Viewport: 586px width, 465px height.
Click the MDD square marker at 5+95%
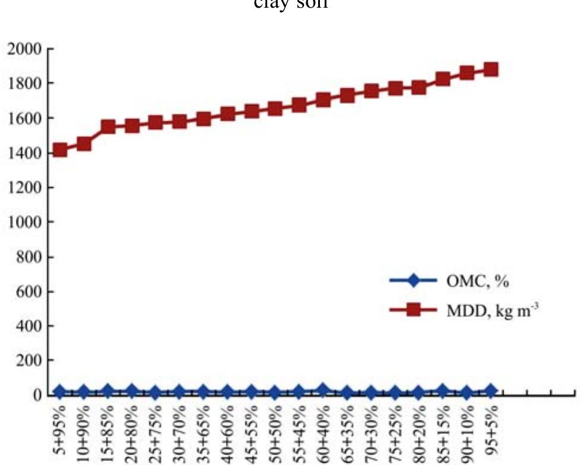tap(59, 150)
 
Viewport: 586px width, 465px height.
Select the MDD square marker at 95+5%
tap(491, 69)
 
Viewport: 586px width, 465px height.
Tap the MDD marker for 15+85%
tap(107, 126)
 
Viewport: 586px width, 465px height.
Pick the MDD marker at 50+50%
tap(275, 108)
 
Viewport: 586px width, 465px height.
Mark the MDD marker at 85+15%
tap(443, 79)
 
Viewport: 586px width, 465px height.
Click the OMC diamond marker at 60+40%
tap(323, 390)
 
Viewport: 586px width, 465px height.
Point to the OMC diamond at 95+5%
tap(491, 391)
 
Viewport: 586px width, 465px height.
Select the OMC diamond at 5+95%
tap(59, 392)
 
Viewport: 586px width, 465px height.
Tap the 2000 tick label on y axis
tap(24, 49)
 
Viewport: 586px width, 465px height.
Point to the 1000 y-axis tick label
tap(24, 222)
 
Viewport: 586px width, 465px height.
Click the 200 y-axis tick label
tap(28, 360)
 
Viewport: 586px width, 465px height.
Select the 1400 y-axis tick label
tap(24, 153)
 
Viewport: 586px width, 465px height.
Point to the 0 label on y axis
tap(37, 395)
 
